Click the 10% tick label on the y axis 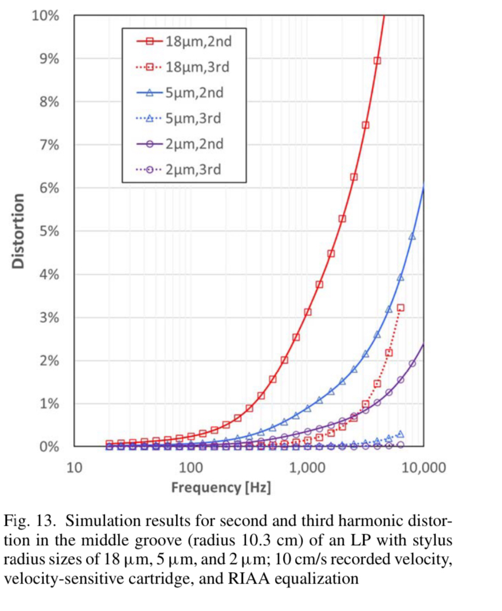[45, 15]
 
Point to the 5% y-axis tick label [48, 231]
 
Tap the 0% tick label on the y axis [48, 447]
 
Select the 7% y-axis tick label [48, 145]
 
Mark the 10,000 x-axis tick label [423, 468]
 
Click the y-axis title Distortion [18, 231]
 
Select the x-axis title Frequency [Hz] [221, 488]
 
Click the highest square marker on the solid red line [377, 61]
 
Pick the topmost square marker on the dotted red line [401, 308]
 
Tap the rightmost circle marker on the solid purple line [412, 364]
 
